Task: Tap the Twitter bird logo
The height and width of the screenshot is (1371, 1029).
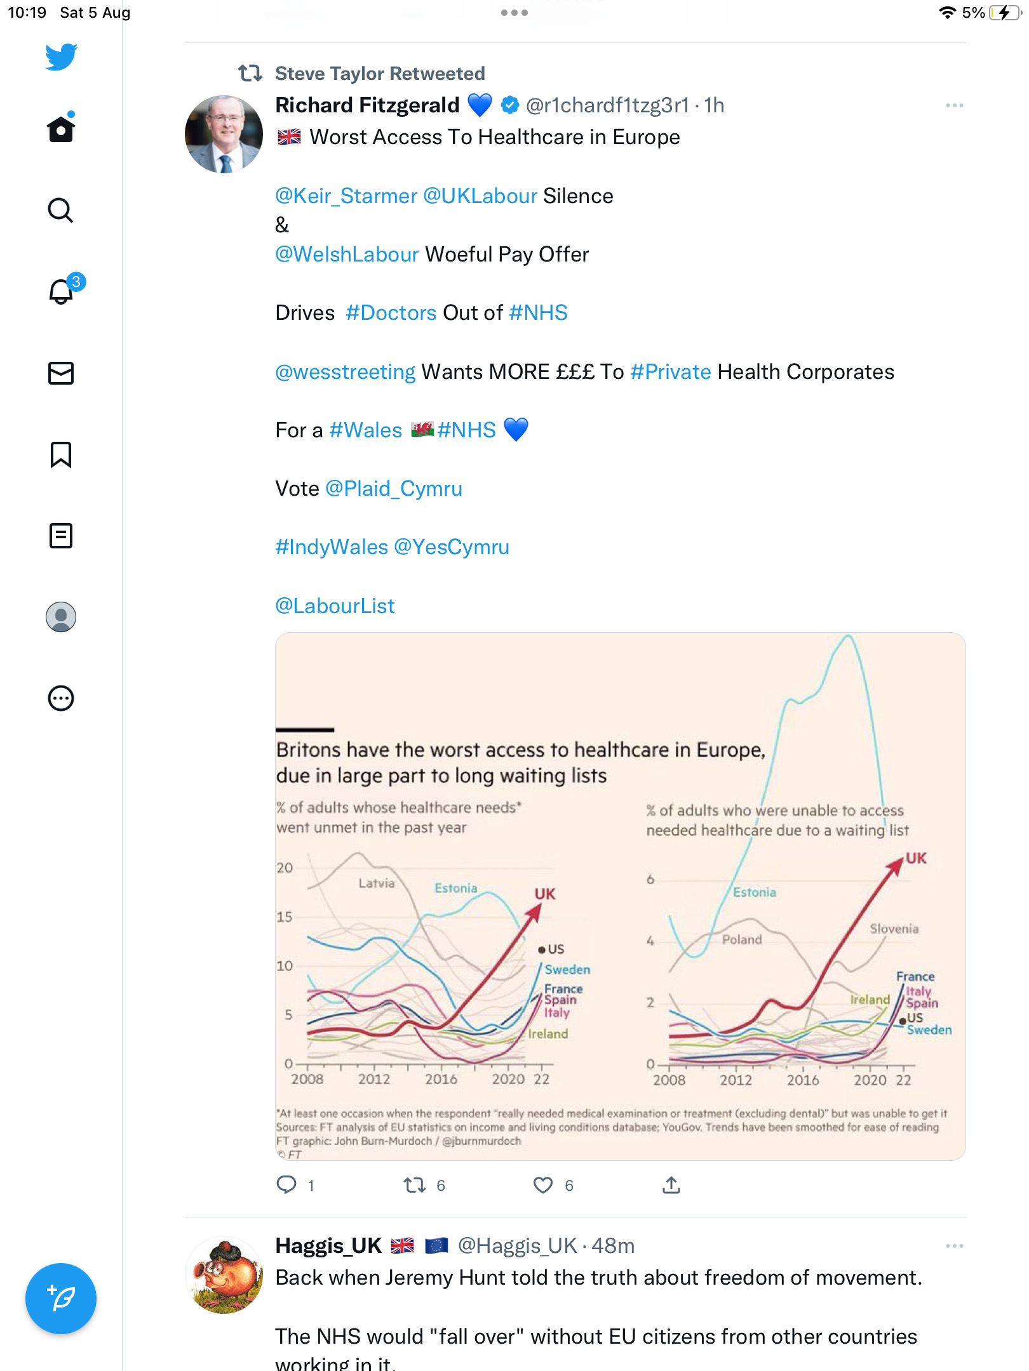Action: pyautogui.click(x=61, y=57)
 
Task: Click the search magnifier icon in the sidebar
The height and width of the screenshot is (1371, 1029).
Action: pyautogui.click(x=61, y=211)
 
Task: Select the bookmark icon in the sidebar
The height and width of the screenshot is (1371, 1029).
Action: pyautogui.click(x=61, y=454)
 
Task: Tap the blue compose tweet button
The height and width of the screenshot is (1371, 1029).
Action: pyautogui.click(x=61, y=1299)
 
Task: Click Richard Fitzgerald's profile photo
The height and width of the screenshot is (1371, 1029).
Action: pyautogui.click(x=224, y=134)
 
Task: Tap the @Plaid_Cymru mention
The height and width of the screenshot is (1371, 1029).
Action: pyautogui.click(x=394, y=489)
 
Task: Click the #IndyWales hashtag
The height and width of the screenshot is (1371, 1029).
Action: pyautogui.click(x=332, y=547)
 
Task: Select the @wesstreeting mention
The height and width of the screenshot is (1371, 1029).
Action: pyautogui.click(x=346, y=372)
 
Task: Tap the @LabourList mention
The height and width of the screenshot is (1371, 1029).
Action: pyautogui.click(x=335, y=606)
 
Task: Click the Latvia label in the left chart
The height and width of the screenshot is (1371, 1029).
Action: pyautogui.click(x=377, y=883)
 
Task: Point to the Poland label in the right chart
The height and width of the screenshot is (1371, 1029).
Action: pyautogui.click(x=742, y=939)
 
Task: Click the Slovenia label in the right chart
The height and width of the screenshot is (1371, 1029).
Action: pyautogui.click(x=894, y=929)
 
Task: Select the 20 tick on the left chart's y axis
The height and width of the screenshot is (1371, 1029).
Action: pyautogui.click(x=285, y=868)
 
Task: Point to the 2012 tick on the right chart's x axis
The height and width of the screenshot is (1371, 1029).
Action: pyautogui.click(x=736, y=1080)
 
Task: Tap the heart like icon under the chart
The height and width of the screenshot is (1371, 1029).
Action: pyautogui.click(x=543, y=1185)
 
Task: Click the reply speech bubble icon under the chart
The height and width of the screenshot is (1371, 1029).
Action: pyautogui.click(x=286, y=1184)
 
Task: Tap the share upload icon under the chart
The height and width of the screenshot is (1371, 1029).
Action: pyautogui.click(x=671, y=1184)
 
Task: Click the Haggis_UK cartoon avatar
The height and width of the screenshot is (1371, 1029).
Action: pyautogui.click(x=224, y=1275)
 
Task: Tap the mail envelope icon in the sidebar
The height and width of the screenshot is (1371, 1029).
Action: pyautogui.click(x=61, y=373)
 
